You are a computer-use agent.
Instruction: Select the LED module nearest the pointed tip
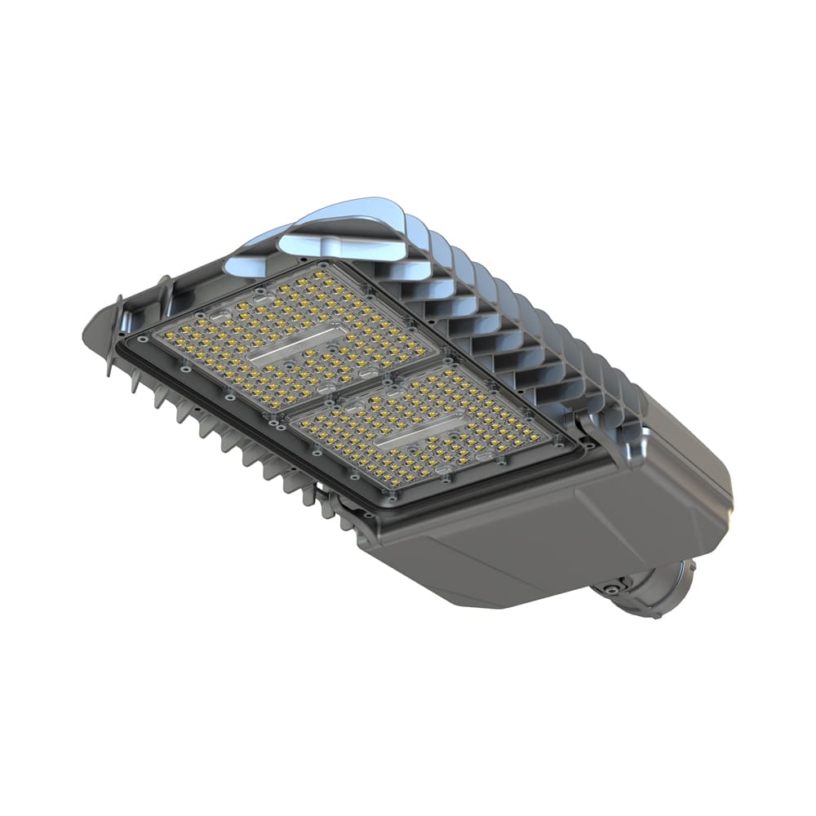coord(290,335)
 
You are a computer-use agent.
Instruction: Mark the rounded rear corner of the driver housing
coord(718,490)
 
